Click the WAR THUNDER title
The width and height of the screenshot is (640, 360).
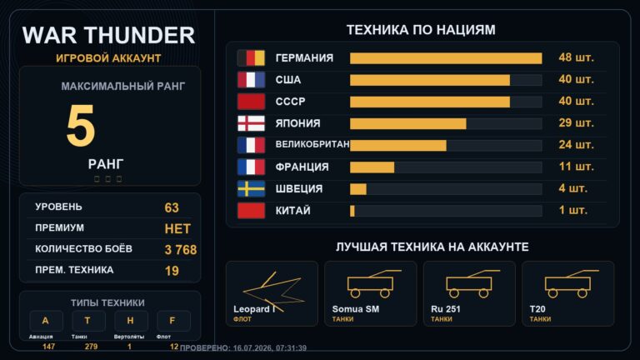click(108, 35)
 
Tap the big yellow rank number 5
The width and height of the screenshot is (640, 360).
click(81, 125)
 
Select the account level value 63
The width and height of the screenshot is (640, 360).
click(172, 207)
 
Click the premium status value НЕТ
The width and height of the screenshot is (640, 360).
click(177, 229)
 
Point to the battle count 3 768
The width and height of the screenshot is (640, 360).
click(181, 250)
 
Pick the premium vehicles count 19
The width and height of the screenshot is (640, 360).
click(172, 271)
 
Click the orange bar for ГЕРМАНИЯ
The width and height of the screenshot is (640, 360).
click(446, 58)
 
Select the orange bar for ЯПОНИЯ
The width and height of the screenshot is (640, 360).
click(408, 123)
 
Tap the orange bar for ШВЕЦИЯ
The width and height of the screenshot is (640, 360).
click(358, 189)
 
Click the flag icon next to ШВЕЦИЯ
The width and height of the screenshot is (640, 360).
click(251, 189)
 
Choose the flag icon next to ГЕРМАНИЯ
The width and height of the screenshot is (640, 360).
click(251, 58)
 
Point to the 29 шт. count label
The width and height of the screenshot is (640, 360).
click(576, 122)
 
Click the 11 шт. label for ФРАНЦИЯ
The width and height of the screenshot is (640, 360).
click(576, 167)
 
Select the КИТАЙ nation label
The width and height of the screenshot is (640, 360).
click(293, 211)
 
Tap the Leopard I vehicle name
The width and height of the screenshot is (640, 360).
click(254, 309)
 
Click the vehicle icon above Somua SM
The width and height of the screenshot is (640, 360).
click(371, 283)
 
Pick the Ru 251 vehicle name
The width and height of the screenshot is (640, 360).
click(446, 309)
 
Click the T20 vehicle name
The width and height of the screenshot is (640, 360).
click(537, 309)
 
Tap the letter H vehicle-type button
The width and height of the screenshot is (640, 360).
click(130, 321)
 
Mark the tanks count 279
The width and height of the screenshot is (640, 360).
click(91, 347)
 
